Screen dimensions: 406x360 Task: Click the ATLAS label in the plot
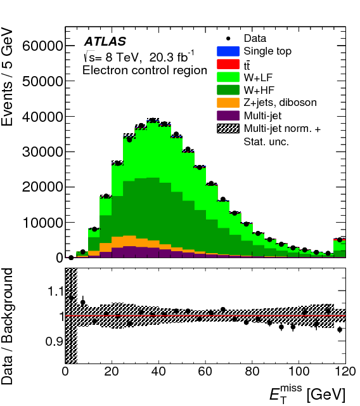tap(105, 42)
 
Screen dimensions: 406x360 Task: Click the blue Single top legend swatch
tap(228, 51)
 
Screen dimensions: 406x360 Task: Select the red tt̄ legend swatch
tap(228, 64)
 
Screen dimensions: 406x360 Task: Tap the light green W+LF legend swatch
tap(228, 77)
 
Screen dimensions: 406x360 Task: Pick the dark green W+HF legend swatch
tap(228, 89)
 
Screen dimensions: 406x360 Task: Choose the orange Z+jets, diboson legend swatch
tap(228, 102)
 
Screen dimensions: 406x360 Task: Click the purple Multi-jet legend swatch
tap(228, 115)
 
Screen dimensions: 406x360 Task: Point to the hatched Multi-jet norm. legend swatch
tap(228, 128)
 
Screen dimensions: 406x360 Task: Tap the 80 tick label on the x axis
tap(252, 372)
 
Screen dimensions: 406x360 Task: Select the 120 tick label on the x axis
tap(344, 372)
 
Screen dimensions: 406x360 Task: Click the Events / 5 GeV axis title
tap(13, 77)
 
